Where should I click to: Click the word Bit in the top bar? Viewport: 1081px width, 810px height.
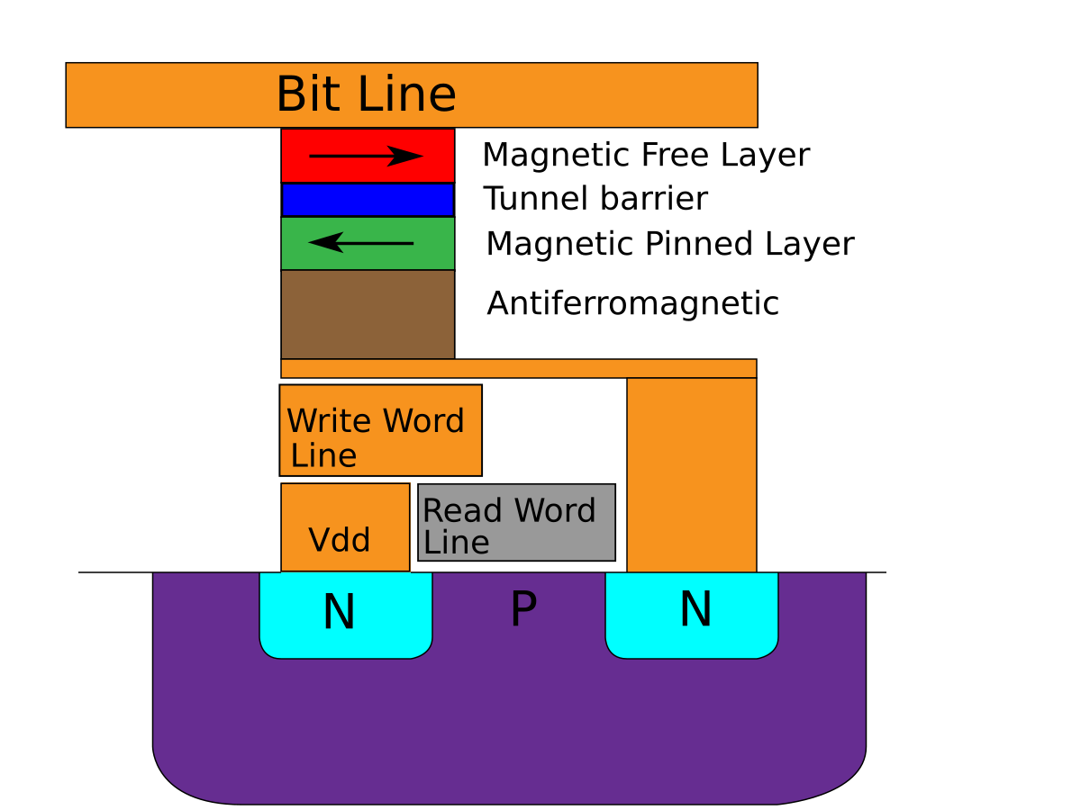pyautogui.click(x=307, y=94)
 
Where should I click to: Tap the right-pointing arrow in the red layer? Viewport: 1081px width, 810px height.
pyautogui.click(x=366, y=157)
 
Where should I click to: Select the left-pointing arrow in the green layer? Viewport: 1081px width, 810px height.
pyautogui.click(x=360, y=242)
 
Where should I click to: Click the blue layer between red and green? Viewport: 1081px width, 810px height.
pyautogui.click(x=368, y=200)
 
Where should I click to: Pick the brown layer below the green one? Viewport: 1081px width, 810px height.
pyautogui.click(x=368, y=314)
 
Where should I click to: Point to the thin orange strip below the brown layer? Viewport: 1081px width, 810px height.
pyautogui.click(x=518, y=368)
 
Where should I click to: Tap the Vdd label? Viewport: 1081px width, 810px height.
pyautogui.click(x=340, y=540)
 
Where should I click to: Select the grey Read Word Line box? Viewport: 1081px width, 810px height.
pyautogui.click(x=517, y=549)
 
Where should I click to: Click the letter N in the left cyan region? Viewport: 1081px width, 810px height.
pyautogui.click(x=339, y=613)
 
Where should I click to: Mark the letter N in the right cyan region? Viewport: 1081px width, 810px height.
pyautogui.click(x=695, y=610)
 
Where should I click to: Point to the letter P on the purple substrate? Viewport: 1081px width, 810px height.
pyautogui.click(x=523, y=610)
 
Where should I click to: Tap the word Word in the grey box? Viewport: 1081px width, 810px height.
pyautogui.click(x=555, y=511)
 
